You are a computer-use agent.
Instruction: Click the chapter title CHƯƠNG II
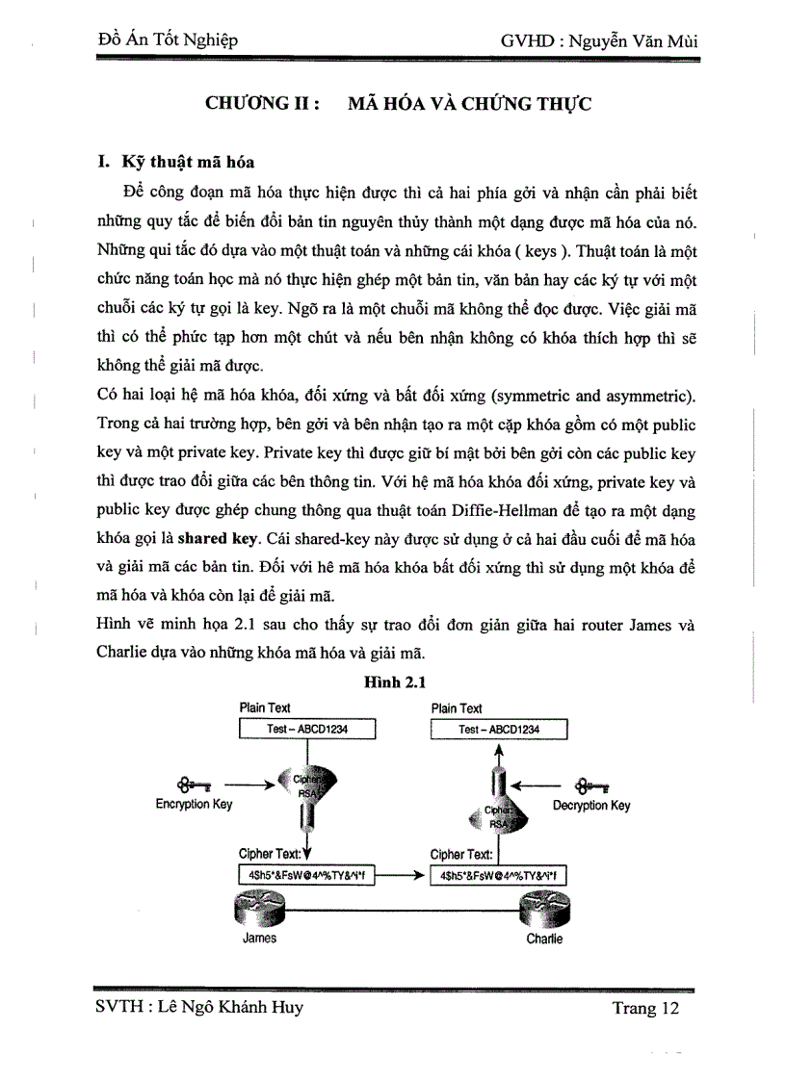point(263,104)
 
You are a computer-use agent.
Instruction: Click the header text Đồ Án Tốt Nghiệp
point(169,40)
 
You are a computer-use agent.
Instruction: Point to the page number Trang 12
point(645,1008)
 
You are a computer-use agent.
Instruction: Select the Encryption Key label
point(194,805)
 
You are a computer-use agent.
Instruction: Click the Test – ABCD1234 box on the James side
point(306,730)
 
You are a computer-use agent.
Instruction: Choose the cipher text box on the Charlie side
point(499,875)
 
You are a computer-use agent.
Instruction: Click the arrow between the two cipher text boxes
point(401,875)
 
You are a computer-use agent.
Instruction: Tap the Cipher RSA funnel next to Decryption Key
point(497,813)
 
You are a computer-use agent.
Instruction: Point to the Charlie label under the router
point(544,939)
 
